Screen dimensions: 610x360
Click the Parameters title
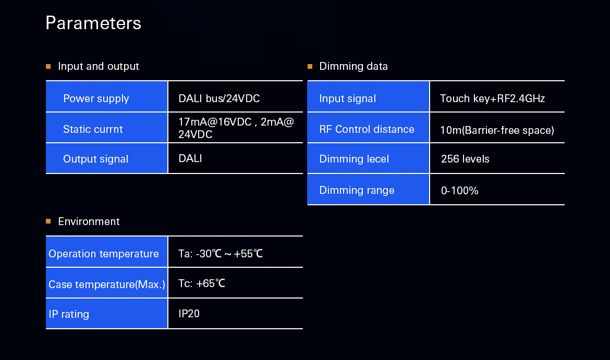click(x=93, y=23)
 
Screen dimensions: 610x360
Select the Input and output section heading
click(x=99, y=67)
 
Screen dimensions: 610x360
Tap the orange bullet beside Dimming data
click(x=310, y=67)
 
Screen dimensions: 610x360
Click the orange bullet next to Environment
click(x=48, y=221)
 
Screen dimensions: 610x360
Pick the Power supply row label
click(x=96, y=98)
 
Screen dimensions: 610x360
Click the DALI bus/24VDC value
click(x=219, y=98)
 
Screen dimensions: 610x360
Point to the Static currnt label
click(x=93, y=129)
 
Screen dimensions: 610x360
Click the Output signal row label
click(x=96, y=159)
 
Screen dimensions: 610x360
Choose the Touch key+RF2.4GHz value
click(x=492, y=98)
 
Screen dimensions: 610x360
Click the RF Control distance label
click(x=367, y=129)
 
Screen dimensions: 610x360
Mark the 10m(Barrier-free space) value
click(x=497, y=130)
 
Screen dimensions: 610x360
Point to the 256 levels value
click(x=465, y=159)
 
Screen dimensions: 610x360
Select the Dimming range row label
click(x=357, y=190)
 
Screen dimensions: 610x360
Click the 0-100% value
click(x=459, y=191)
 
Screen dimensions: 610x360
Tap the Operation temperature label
click(x=103, y=254)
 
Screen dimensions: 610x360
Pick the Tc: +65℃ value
click(x=202, y=283)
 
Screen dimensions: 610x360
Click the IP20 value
click(x=189, y=314)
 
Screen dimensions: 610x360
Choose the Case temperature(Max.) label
click(x=106, y=284)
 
